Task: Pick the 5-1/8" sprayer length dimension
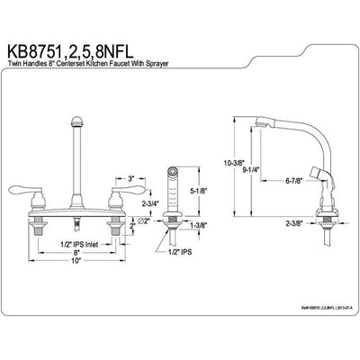click(202, 190)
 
